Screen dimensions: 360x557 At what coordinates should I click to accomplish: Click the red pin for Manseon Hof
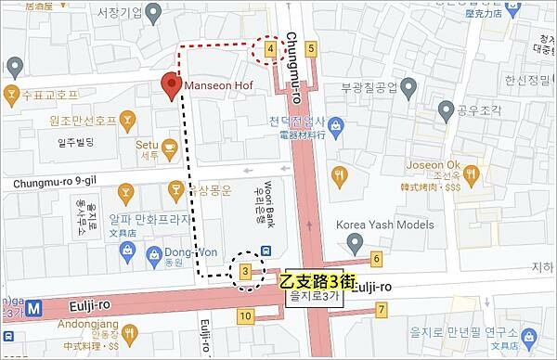[170, 84]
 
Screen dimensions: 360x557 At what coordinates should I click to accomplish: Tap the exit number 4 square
[270, 48]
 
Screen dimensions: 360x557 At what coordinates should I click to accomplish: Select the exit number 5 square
[310, 48]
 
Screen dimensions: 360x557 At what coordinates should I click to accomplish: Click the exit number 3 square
[245, 271]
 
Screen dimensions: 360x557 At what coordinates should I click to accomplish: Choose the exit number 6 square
[376, 258]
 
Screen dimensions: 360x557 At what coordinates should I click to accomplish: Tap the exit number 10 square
[245, 316]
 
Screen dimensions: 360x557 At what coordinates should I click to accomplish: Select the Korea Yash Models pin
[354, 242]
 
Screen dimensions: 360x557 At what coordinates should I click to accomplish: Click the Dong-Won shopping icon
[173, 252]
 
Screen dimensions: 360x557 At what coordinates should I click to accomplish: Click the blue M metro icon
[34, 306]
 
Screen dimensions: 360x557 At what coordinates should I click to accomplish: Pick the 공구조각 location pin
[444, 109]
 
